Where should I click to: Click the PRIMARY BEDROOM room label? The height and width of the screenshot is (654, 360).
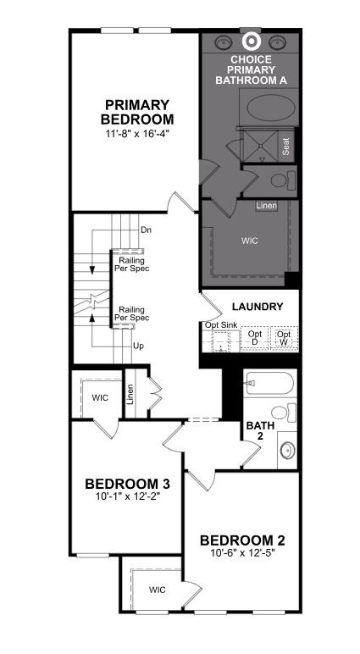137,112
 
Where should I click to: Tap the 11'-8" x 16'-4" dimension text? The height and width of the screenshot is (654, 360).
137,134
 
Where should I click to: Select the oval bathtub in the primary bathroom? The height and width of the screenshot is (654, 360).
268,108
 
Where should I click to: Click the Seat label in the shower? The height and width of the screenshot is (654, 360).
285,146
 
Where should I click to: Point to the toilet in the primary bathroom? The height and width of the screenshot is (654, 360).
283,180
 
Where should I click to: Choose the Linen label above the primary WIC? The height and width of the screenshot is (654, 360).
267,206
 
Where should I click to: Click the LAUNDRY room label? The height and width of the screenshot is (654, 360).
258,307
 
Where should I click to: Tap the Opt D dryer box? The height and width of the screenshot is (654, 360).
255,338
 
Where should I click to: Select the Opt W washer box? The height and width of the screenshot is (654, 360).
284,338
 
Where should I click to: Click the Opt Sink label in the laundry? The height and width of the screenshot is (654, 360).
221,325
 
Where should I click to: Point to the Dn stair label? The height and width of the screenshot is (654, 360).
146,230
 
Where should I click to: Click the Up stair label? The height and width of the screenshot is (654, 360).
138,346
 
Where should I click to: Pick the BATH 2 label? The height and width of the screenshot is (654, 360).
260,430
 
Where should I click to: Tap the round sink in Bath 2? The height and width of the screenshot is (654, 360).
287,451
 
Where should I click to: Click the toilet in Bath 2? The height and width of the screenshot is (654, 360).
284,413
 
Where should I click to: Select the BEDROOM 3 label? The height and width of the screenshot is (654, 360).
127,484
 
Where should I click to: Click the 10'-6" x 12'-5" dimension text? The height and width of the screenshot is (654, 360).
242,552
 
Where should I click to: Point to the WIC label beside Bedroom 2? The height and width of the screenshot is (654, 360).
158,590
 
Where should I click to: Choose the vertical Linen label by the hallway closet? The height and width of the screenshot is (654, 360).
130,394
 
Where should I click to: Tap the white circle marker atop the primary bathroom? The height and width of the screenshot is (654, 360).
252,41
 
